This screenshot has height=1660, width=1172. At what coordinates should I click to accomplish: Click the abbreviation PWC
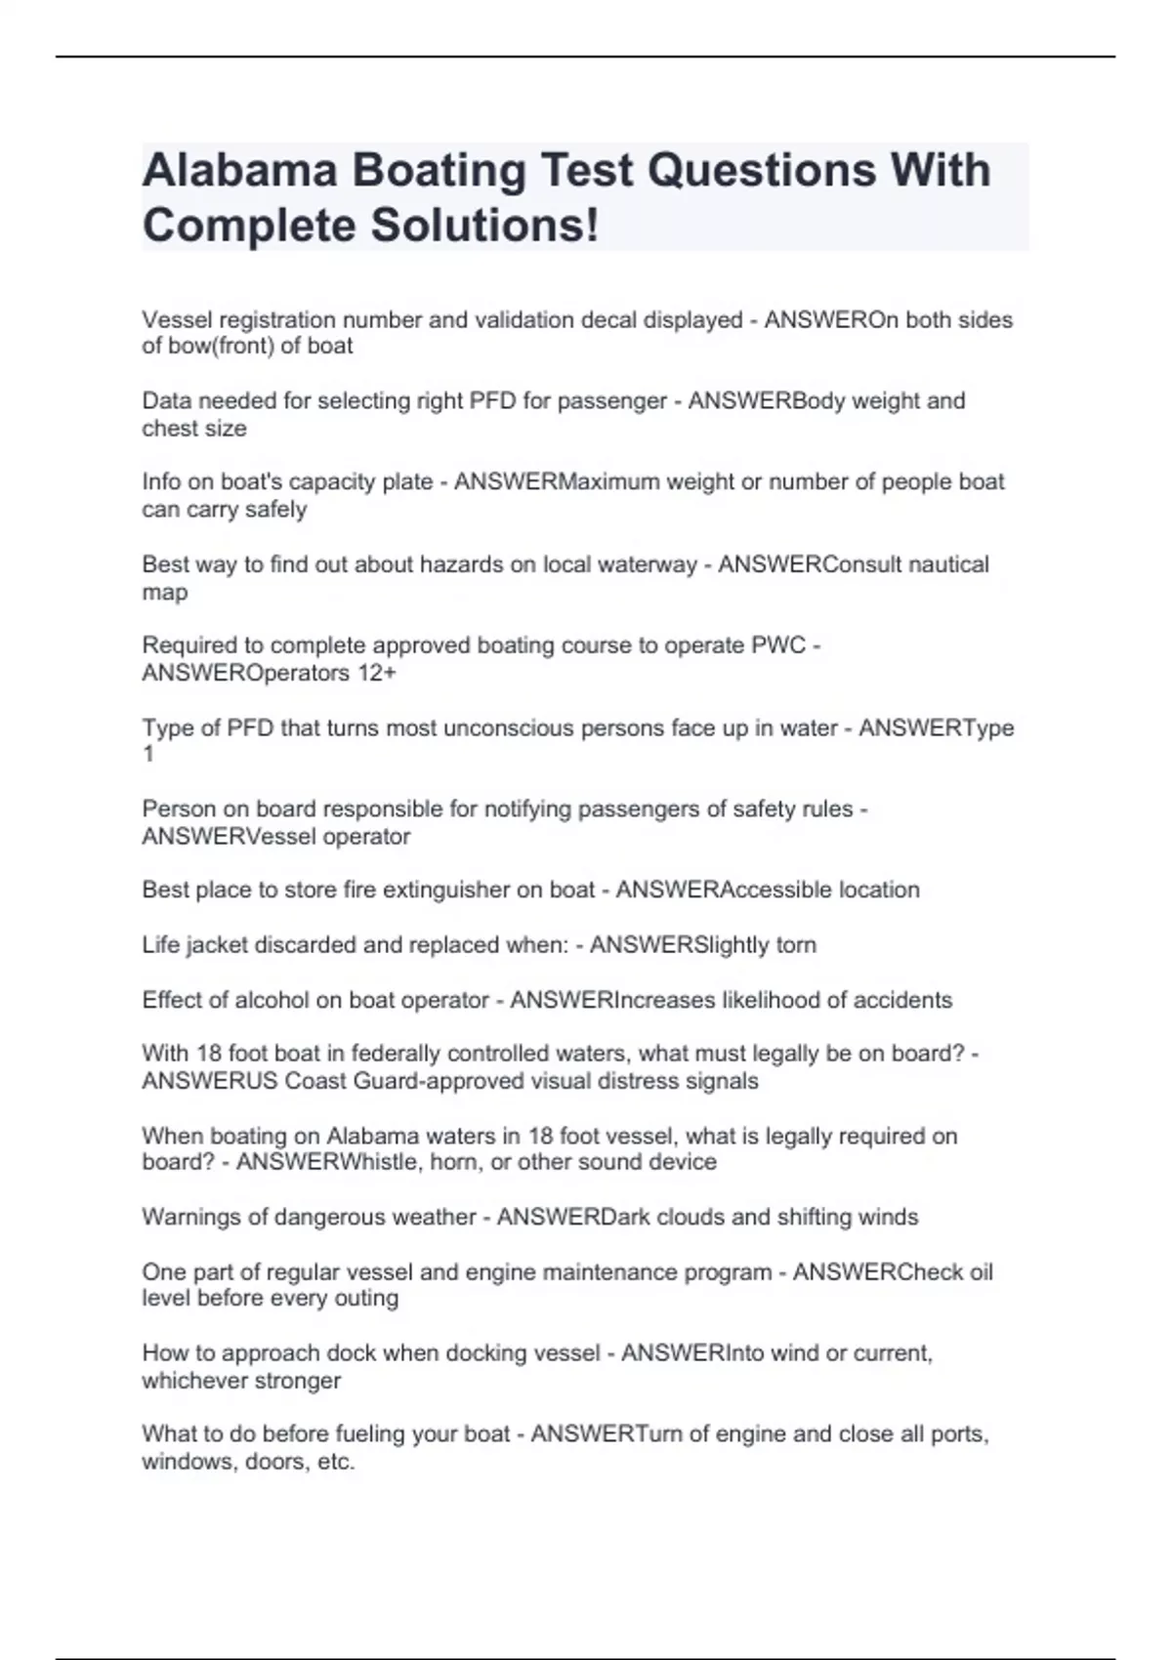[777, 645]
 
